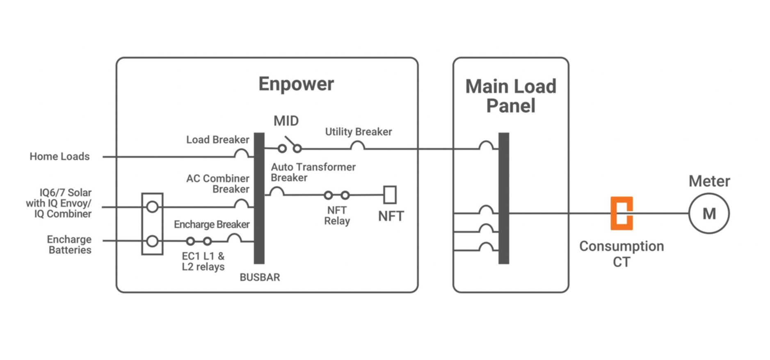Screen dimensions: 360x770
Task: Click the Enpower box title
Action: click(296, 84)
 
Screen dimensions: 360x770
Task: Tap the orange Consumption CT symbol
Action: click(621, 213)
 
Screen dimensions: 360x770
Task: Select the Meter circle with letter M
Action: click(708, 214)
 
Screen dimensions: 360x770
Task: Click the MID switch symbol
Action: click(290, 146)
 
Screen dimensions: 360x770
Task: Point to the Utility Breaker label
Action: click(358, 132)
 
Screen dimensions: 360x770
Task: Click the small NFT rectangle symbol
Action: click(390, 195)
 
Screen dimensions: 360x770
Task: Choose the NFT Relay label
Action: click(337, 216)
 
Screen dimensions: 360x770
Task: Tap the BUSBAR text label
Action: click(260, 278)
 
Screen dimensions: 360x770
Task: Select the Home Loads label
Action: click(59, 157)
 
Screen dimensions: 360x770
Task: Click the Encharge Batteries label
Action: click(69, 245)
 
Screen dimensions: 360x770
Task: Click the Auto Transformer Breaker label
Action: click(313, 172)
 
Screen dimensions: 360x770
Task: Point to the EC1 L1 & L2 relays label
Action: click(203, 262)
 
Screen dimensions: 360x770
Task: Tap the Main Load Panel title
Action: click(510, 96)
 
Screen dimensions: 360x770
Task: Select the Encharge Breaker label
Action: click(211, 224)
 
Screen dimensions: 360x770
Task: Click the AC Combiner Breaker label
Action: click(218, 184)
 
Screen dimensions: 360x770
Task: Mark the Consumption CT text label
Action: click(621, 254)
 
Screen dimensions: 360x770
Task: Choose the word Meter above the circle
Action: click(709, 181)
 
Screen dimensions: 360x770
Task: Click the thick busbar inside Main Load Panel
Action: click(504, 198)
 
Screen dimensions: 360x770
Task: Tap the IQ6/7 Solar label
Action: click(59, 203)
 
